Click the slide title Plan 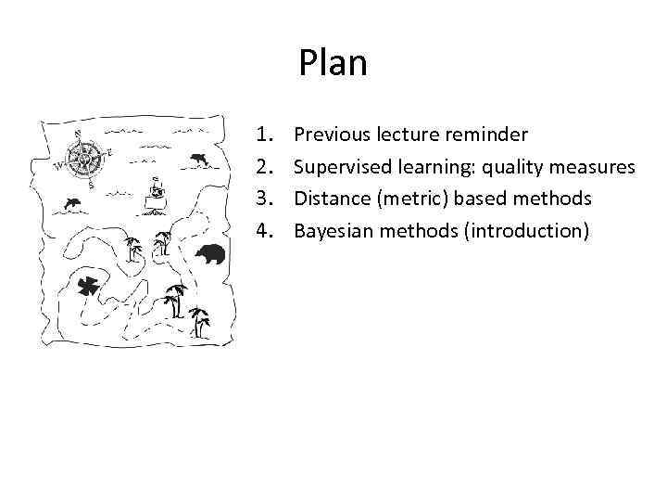[x=333, y=63]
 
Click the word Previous [x=332, y=135]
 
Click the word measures [x=594, y=167]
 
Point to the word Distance [x=329, y=199]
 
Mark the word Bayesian [x=331, y=230]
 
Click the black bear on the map [x=209, y=252]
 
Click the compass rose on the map [x=83, y=159]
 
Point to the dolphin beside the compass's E [x=198, y=161]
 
